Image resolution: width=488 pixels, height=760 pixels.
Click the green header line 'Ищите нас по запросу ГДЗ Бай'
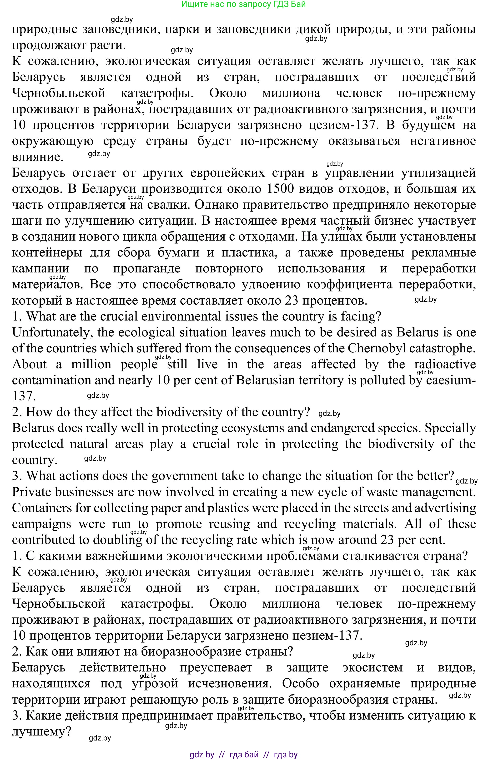(x=243, y=5)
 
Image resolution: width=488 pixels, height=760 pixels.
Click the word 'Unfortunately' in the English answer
(x=53, y=333)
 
